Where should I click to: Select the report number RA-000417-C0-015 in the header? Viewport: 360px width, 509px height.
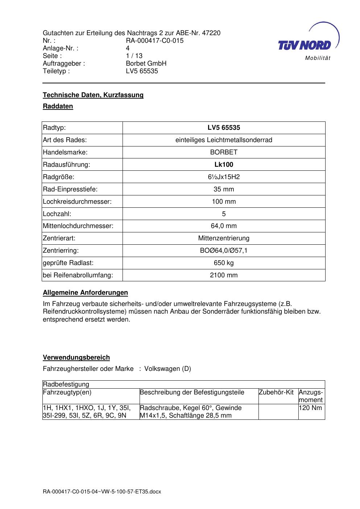click(x=154, y=41)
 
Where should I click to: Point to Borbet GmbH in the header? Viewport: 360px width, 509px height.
click(x=146, y=63)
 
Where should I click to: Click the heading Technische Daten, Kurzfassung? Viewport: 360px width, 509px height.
click(x=93, y=95)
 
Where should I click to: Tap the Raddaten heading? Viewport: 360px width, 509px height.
click(x=58, y=106)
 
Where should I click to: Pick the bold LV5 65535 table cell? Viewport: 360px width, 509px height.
click(x=224, y=128)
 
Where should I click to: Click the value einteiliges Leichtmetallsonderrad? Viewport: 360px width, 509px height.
click(x=224, y=140)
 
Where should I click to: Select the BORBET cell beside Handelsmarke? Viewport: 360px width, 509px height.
click(x=224, y=152)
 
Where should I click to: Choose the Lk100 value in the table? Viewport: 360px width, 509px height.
click(x=224, y=165)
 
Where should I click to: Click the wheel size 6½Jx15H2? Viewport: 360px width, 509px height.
click(x=224, y=177)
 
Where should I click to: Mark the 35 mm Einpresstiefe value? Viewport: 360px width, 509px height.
click(x=224, y=189)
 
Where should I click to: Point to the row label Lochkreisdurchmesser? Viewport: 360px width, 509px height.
click(x=77, y=202)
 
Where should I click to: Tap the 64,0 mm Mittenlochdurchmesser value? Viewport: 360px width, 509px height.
click(x=224, y=226)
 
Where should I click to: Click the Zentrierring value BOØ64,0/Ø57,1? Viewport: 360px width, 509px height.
click(x=224, y=251)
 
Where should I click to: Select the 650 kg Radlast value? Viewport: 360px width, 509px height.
click(x=224, y=263)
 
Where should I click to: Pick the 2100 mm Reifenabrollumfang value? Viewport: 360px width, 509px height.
click(x=224, y=275)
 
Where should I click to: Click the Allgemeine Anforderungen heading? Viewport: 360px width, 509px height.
click(x=86, y=293)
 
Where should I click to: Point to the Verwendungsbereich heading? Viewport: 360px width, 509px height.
click(x=76, y=357)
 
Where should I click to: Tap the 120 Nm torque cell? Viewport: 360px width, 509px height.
click(x=311, y=408)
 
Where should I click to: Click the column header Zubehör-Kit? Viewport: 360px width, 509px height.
click(x=276, y=392)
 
